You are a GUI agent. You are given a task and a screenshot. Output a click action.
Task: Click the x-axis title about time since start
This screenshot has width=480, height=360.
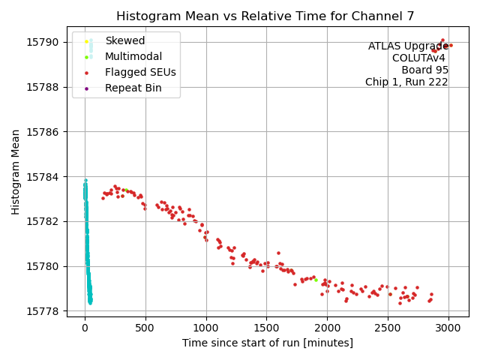click(267, 343)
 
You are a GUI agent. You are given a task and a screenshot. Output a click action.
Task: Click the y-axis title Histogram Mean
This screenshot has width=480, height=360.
click(16, 172)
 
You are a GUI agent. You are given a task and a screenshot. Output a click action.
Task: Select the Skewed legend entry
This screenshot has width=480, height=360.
click(124, 40)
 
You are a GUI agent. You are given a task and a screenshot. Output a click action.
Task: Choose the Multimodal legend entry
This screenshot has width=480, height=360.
click(129, 56)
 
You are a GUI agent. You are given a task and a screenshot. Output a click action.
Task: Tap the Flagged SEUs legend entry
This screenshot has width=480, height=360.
click(140, 73)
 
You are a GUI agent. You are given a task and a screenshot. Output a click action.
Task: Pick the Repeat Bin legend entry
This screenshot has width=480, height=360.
click(133, 88)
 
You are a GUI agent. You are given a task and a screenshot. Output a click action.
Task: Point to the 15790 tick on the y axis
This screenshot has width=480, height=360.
click(49, 42)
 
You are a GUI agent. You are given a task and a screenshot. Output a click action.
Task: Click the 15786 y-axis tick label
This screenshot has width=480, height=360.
click(49, 132)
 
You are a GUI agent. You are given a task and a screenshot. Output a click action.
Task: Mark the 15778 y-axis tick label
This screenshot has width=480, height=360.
click(49, 311)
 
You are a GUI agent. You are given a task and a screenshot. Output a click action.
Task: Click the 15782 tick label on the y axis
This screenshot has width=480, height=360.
click(49, 221)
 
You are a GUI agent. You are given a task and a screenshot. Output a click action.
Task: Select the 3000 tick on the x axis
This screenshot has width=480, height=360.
click(448, 328)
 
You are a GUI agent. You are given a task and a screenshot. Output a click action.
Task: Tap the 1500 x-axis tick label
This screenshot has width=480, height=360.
click(266, 328)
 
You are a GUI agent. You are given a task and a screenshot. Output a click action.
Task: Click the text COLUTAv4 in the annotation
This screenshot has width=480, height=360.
click(420, 58)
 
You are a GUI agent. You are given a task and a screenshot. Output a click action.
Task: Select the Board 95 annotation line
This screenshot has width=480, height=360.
click(424, 70)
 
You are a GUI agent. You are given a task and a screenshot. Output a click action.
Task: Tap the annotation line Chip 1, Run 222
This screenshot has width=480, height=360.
click(406, 82)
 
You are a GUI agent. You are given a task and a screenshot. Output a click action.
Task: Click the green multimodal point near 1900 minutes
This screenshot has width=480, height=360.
click(316, 280)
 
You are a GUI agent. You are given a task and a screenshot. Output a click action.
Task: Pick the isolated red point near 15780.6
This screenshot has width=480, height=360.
click(278, 253)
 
